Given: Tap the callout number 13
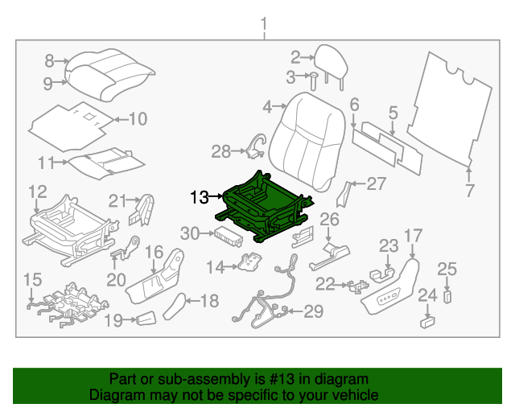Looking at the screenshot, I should tap(199, 196).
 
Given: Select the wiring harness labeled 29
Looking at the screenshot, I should tap(262, 306).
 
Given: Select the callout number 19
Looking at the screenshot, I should tap(113, 321).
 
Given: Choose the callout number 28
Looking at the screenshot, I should tap(220, 150).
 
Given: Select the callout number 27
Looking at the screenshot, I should tap(376, 183).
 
